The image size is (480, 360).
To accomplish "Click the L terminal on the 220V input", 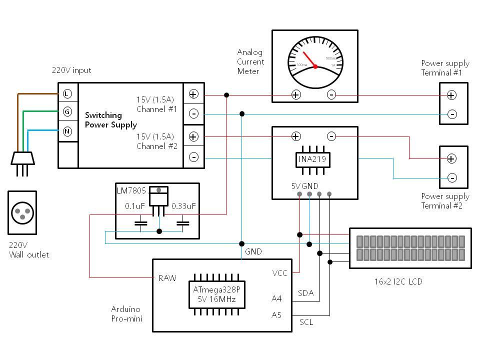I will pos(67,94).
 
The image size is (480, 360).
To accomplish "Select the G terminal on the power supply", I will pos(67,112).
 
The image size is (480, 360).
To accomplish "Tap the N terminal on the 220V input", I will pos(67,131).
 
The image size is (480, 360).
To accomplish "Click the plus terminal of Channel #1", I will pos(193,94).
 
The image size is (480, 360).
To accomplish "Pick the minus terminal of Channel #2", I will pos(193,157).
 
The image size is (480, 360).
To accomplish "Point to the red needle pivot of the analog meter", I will pos(315,66).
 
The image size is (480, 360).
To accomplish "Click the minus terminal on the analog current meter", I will pos(331,94).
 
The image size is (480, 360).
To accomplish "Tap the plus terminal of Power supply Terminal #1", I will pos(451,95).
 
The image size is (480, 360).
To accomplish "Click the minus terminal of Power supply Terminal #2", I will pos(452,177).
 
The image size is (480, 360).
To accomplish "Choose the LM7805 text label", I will pos(131,190).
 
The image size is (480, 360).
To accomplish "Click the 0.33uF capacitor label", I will pos(183,206).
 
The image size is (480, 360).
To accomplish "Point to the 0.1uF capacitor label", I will pos(135,206).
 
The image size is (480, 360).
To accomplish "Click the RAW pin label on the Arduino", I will pos(167,278).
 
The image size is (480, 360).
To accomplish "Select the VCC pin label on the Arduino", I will pos(280,273).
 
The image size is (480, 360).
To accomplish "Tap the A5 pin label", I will pos(276,315).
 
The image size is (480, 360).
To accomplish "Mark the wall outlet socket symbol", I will pos(22,212).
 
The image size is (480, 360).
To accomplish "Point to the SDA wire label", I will pos(306,293).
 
